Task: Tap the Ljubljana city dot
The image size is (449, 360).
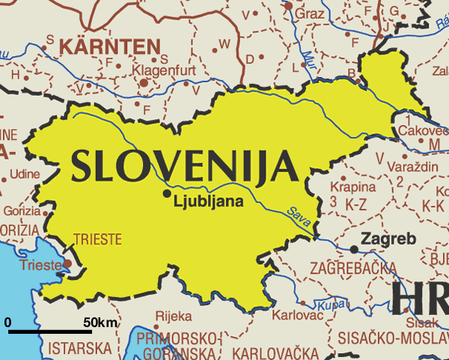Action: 167,194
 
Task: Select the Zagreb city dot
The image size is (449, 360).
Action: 353,248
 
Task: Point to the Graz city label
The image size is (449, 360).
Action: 310,13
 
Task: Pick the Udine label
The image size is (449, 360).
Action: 24,174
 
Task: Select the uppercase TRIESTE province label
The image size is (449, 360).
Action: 97,240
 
